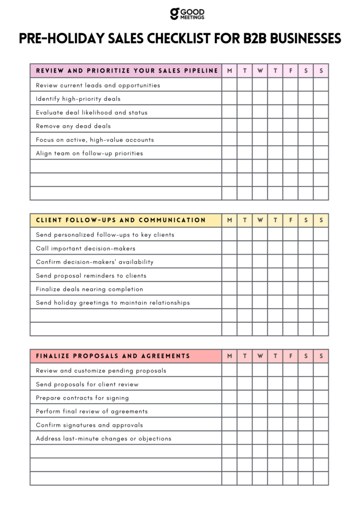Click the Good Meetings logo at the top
pos(187,13)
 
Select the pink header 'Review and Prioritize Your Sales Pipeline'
pos(127,71)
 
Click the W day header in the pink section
pos(260,71)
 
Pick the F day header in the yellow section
pos(290,220)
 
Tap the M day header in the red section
pos(229,356)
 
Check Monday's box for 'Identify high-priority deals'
pos(229,98)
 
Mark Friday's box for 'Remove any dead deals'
pos(290,126)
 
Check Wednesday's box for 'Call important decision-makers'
pos(260,248)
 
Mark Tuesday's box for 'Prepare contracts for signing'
pos(245,398)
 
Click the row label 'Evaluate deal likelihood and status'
pos(91,112)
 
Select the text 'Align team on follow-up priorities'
pos(90,153)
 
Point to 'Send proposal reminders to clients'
pos(91,275)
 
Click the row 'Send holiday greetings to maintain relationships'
pos(113,303)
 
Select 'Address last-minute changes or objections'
pos(103,438)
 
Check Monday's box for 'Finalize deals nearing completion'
pos(229,289)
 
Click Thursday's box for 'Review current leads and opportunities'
pos(275,85)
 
